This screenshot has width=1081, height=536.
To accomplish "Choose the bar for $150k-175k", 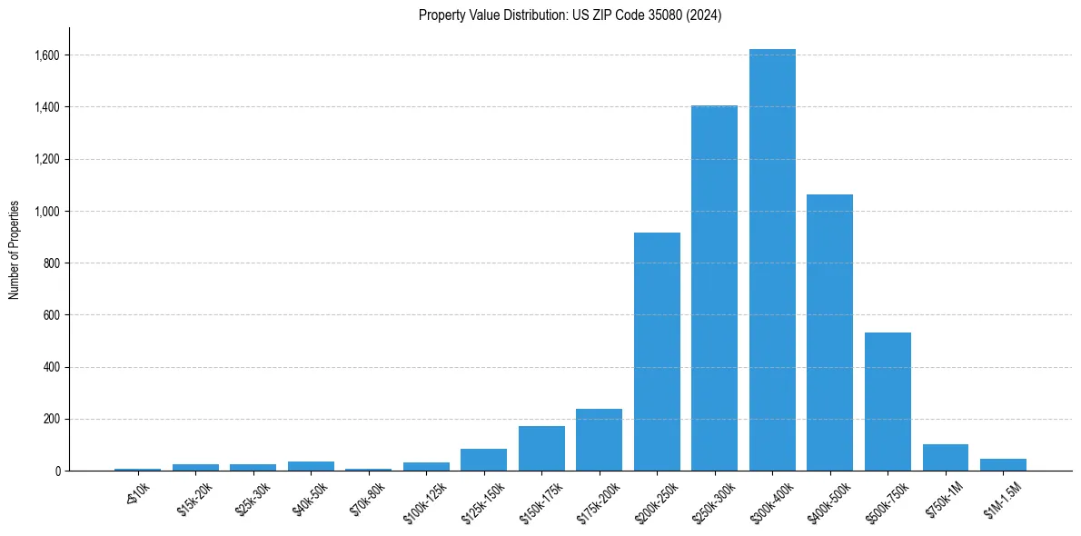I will tap(541, 449).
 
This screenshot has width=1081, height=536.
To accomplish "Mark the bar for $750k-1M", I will tap(945, 458).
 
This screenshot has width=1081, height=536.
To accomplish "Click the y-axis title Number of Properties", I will tap(15, 250).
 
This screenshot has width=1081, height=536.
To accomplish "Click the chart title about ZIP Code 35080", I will tap(570, 15).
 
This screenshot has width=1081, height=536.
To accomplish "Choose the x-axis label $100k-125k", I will tap(425, 502).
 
